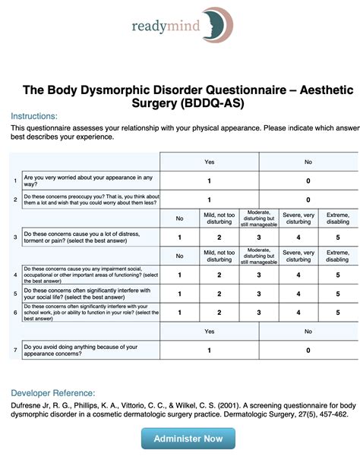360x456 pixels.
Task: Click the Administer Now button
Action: (188, 438)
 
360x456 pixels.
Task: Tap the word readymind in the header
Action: (165, 27)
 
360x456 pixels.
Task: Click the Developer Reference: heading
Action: (52, 393)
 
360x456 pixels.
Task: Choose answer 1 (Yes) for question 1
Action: (209, 181)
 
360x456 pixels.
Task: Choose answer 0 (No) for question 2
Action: (308, 200)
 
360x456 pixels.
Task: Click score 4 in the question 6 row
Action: (298, 312)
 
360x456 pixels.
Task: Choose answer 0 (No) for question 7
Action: (308, 350)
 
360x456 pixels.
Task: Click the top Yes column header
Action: (209, 162)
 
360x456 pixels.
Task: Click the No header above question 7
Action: (308, 331)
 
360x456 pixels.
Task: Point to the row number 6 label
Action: (15, 312)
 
